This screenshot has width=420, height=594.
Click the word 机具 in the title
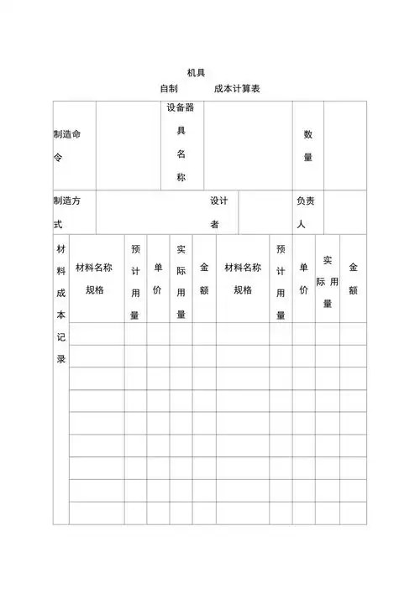point(196,73)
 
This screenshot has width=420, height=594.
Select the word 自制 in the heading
point(168,88)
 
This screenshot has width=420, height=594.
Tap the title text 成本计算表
point(237,88)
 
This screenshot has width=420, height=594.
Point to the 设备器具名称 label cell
point(181,143)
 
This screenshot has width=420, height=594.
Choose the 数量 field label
point(308,145)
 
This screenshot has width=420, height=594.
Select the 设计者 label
point(218,212)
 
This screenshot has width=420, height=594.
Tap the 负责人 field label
point(306,212)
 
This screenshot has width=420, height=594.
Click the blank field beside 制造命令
point(128,145)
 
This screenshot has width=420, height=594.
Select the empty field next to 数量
point(345,145)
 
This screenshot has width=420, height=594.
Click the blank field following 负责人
point(345,212)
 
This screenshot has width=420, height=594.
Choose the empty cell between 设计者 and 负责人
point(265,212)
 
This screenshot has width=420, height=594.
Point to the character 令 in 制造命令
point(57,157)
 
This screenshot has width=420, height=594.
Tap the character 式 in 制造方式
point(57,225)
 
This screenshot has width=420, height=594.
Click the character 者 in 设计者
point(215,225)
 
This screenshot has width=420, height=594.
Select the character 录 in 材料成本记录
point(60,358)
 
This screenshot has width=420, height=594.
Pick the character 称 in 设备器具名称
point(181,177)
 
